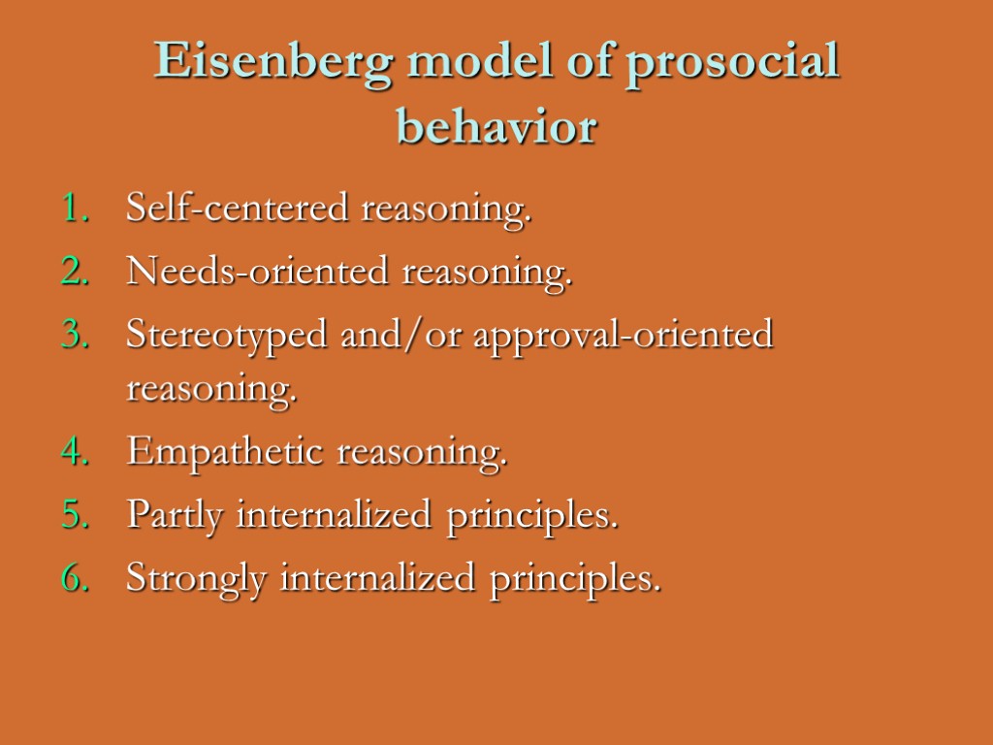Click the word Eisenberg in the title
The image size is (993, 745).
272,64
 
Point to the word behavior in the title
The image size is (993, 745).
496,127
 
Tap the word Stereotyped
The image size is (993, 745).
226,338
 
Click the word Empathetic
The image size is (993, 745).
224,452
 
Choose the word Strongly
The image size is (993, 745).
197,580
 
